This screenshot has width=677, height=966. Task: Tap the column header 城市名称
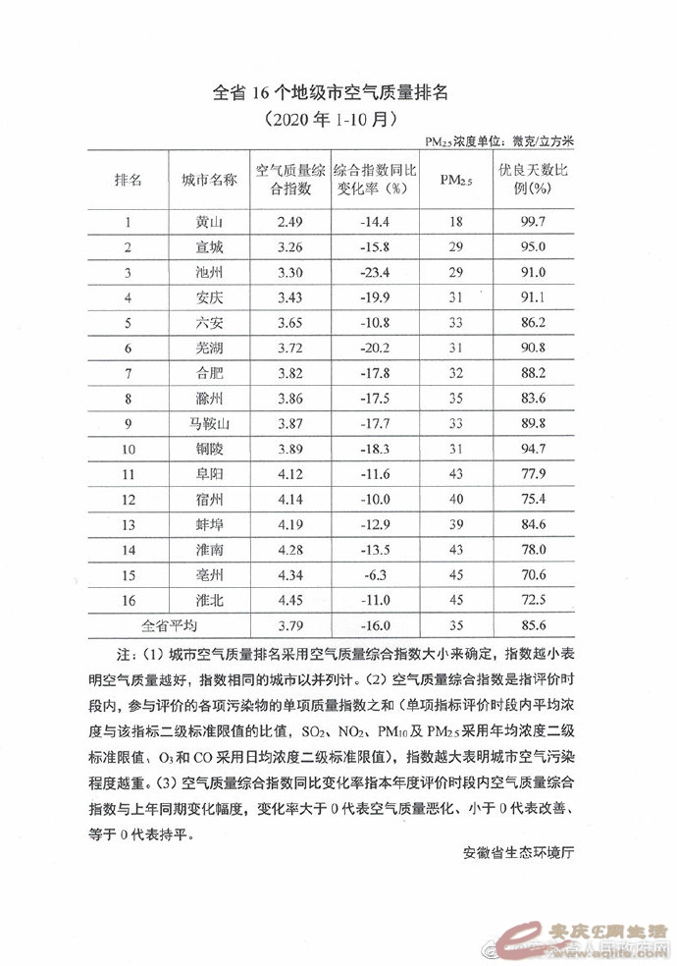tap(209, 179)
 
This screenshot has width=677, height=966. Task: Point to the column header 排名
tap(129, 179)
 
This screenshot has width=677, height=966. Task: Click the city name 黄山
tap(209, 223)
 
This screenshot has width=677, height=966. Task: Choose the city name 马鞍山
tap(209, 423)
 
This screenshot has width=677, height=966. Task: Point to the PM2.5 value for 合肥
tap(454, 373)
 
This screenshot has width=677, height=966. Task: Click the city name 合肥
tap(209, 373)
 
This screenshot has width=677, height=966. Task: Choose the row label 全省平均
tap(170, 624)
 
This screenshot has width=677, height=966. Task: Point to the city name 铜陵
tap(209, 449)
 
